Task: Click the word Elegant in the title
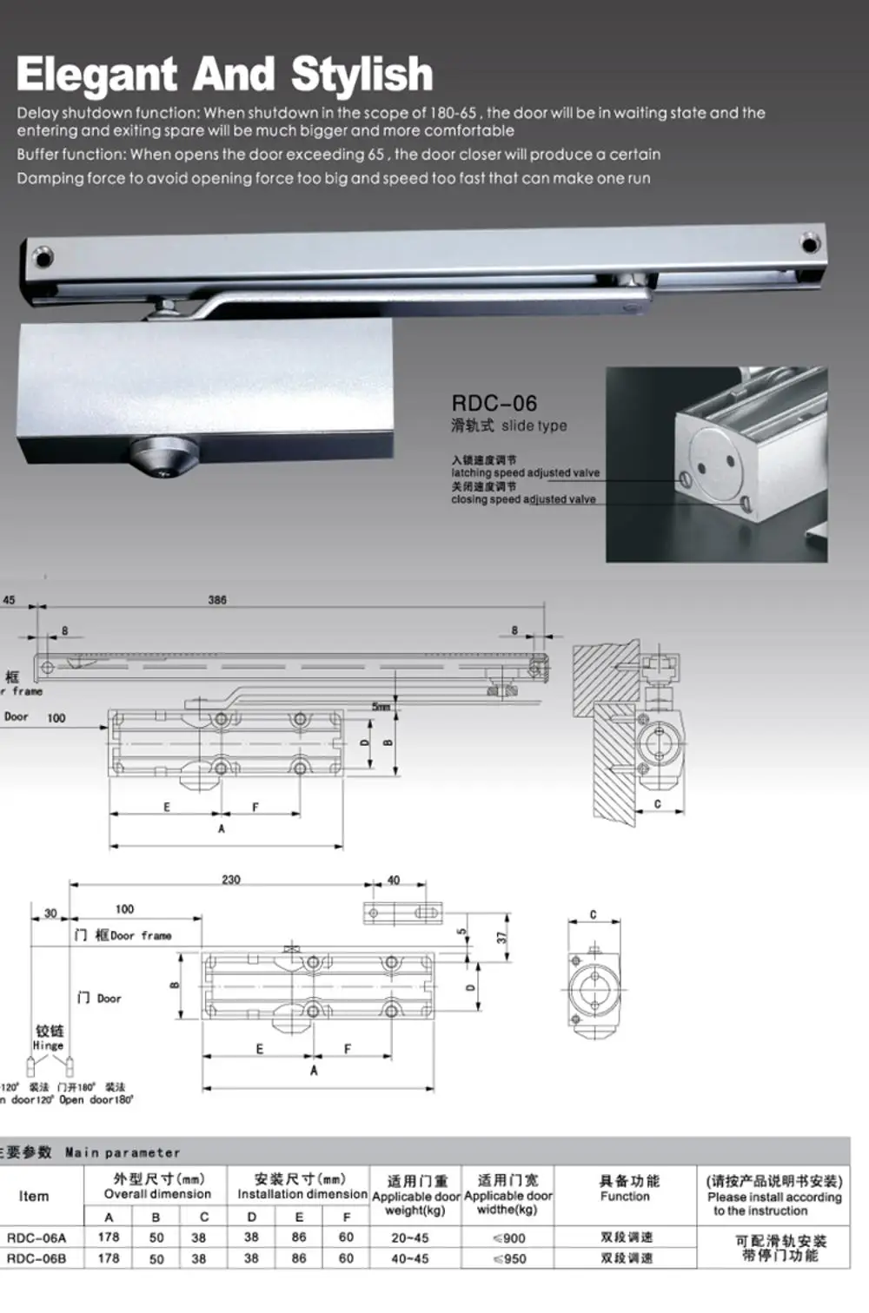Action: click(x=96, y=75)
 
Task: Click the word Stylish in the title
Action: click(x=362, y=75)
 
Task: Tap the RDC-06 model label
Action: click(x=494, y=404)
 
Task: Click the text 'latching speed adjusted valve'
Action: click(x=525, y=473)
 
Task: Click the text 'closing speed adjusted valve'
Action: click(x=523, y=499)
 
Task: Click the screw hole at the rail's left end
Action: click(x=42, y=257)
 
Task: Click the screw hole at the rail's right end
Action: click(x=810, y=243)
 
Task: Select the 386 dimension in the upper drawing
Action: click(x=217, y=600)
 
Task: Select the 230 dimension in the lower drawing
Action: click(x=231, y=880)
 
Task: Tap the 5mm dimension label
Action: click(x=381, y=707)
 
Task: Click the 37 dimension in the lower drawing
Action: click(x=501, y=937)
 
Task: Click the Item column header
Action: click(x=34, y=1196)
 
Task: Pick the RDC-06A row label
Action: click(x=36, y=1237)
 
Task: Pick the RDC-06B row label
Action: click(x=36, y=1258)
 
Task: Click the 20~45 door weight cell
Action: click(x=409, y=1237)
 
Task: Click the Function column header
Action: click(x=625, y=1189)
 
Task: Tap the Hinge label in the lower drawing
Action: click(x=49, y=1046)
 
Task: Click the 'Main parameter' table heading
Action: click(x=122, y=1152)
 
